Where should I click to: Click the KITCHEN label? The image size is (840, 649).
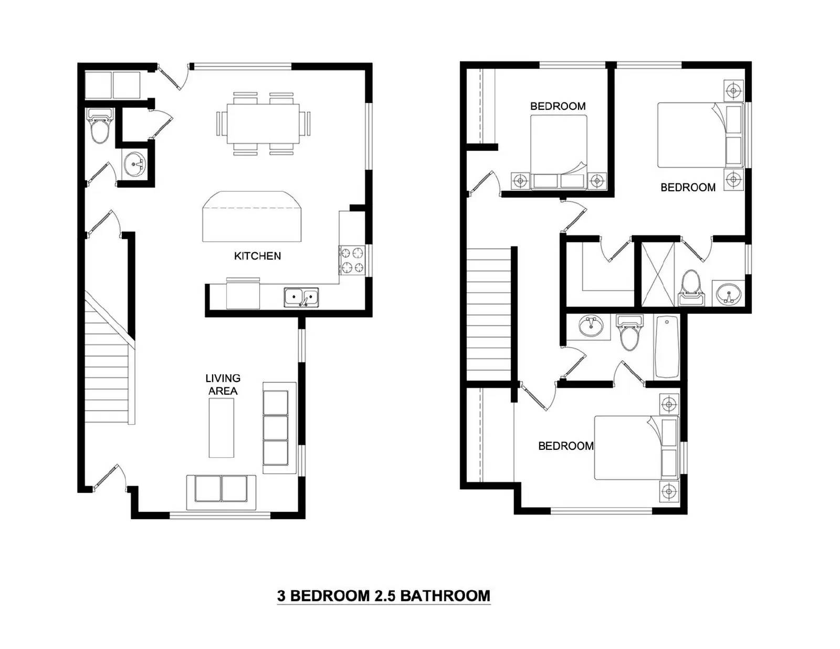click(x=257, y=255)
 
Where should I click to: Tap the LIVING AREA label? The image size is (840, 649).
click(x=223, y=385)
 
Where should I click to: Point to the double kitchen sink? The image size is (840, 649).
click(x=301, y=297)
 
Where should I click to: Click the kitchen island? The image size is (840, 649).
click(x=251, y=216)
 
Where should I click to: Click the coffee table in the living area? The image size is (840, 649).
click(x=222, y=428)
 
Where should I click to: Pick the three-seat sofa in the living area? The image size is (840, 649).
click(x=279, y=428)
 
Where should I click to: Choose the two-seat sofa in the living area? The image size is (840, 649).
click(x=221, y=492)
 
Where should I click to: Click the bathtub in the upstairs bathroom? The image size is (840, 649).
click(x=666, y=347)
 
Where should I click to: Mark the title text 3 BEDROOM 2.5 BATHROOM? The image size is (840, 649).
click(x=383, y=595)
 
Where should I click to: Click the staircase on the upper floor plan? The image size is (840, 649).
click(x=489, y=314)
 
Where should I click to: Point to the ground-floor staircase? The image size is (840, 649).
click(x=110, y=358)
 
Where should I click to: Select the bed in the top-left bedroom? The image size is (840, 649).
click(x=559, y=152)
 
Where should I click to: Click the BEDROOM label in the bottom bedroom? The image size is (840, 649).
click(x=566, y=446)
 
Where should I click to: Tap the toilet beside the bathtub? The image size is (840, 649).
click(x=629, y=333)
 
